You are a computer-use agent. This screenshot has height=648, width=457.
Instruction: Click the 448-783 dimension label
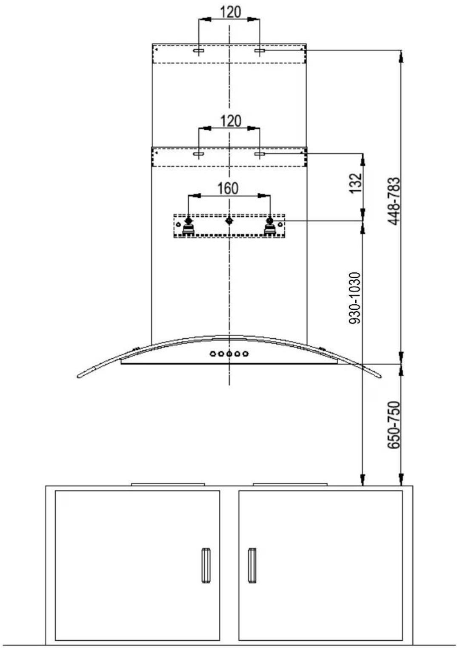click(394, 202)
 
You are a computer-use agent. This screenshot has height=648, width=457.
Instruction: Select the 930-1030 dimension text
click(355, 298)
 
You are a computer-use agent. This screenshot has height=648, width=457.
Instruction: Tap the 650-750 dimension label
click(394, 425)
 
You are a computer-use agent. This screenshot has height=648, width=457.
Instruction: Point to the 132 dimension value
click(356, 183)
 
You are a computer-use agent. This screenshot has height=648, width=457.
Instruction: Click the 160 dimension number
click(228, 188)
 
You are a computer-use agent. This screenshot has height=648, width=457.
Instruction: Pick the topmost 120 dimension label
click(231, 12)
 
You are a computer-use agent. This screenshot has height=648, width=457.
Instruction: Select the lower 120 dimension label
click(231, 121)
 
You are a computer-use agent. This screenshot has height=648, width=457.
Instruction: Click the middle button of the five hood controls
click(229, 354)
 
